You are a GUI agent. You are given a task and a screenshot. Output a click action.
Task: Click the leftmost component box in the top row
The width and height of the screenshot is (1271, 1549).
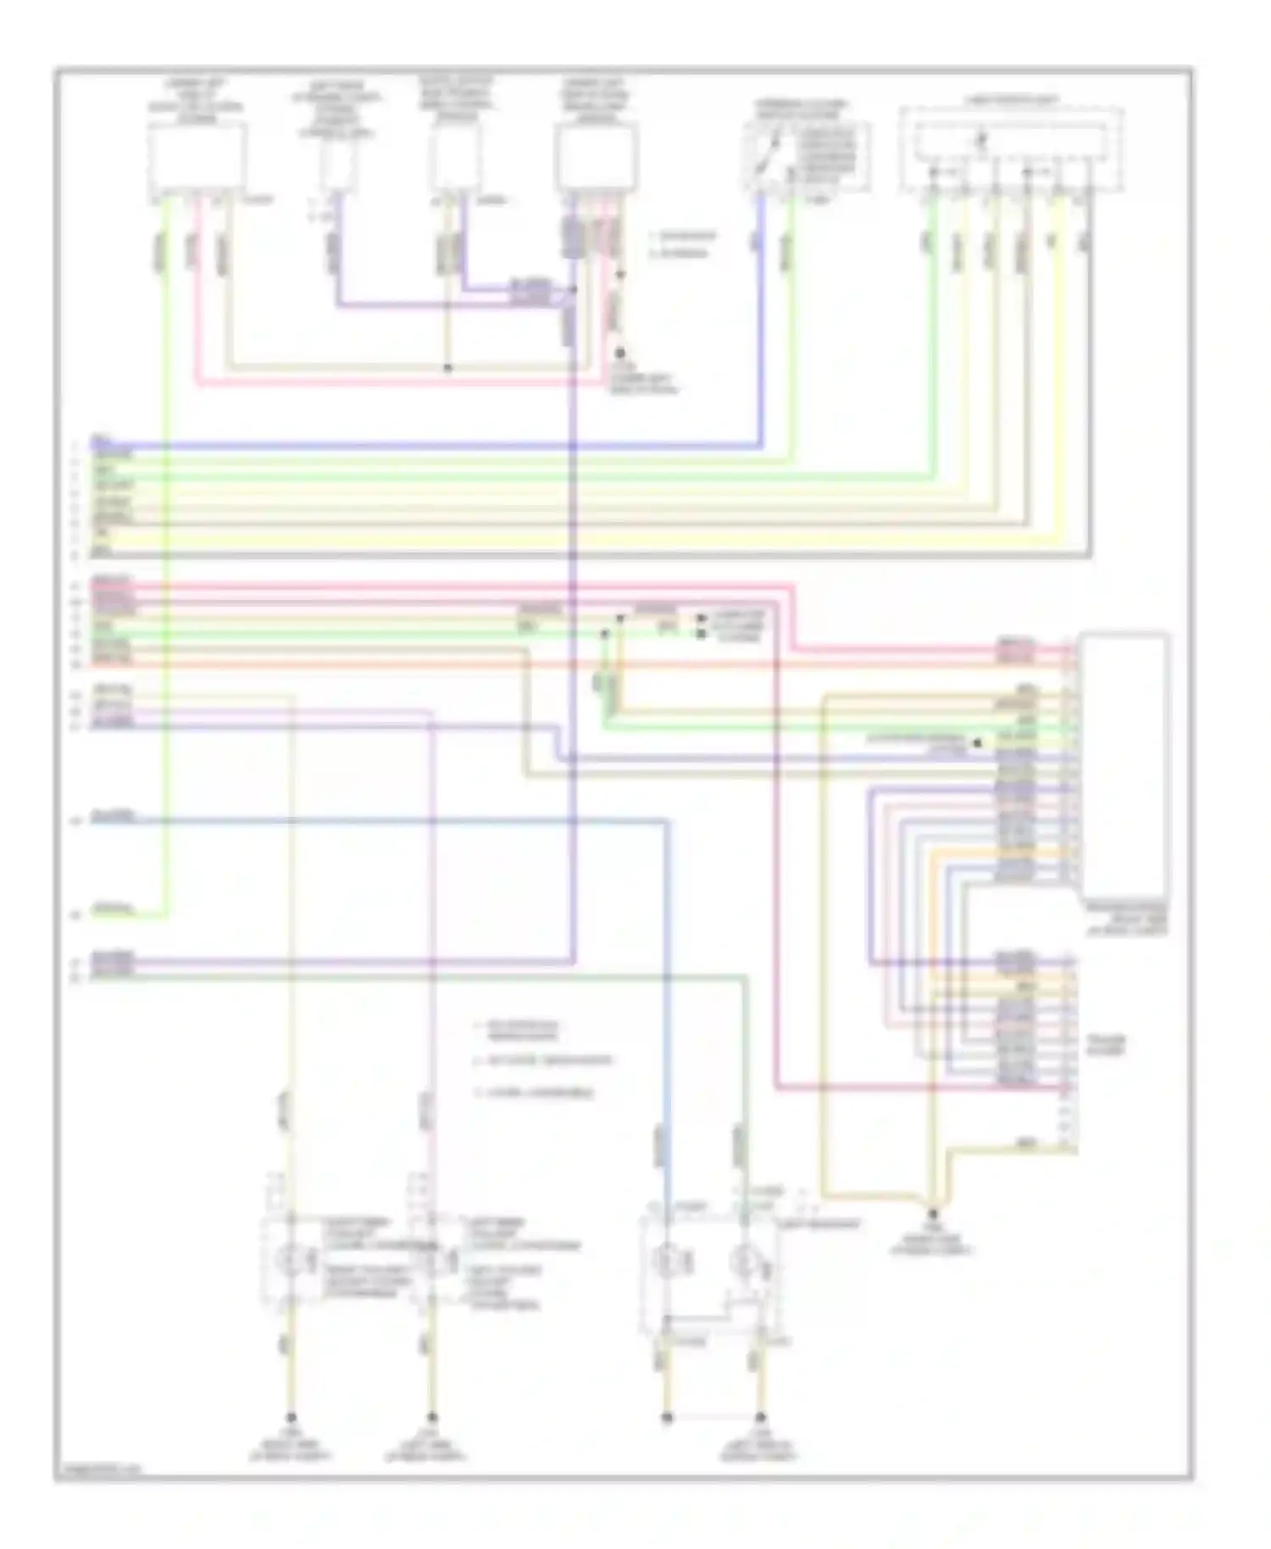click(x=198, y=158)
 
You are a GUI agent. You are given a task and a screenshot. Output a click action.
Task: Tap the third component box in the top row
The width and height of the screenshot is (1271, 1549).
click(x=455, y=160)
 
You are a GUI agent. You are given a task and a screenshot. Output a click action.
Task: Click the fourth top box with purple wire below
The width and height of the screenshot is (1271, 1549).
click(x=597, y=158)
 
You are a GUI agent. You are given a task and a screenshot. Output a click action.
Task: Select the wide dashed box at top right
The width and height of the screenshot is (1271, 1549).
click(x=1011, y=148)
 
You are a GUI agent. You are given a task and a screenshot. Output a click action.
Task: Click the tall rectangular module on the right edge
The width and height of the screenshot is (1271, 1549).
click(x=1124, y=763)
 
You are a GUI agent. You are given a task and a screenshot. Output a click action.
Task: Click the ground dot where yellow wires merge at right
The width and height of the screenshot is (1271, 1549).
click(x=932, y=1214)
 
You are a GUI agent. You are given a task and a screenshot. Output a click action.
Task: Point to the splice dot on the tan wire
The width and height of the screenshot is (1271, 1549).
click(x=448, y=368)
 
